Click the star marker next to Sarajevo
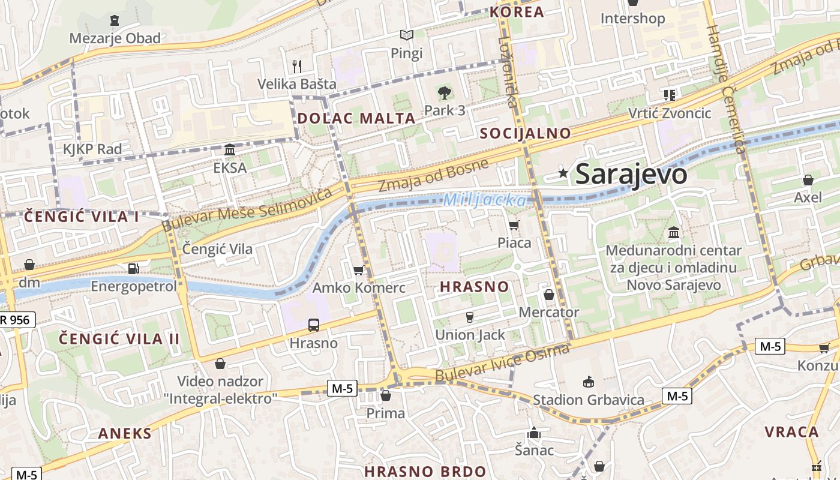[563, 173]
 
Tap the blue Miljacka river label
[485, 200]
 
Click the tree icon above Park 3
[444, 93]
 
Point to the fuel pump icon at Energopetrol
[133, 269]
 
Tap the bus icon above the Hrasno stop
[313, 325]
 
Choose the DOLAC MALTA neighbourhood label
[356, 118]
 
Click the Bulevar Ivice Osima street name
[502, 363]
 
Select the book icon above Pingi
[407, 35]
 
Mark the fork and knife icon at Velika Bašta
[296, 66]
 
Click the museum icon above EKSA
[230, 149]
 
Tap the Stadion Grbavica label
[589, 400]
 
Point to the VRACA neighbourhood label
[791, 432]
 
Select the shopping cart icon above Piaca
[514, 226]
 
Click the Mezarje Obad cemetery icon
[115, 20]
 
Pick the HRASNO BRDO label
[425, 471]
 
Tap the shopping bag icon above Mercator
[548, 295]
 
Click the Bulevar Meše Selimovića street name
[247, 209]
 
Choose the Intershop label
[632, 19]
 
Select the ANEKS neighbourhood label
[125, 433]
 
